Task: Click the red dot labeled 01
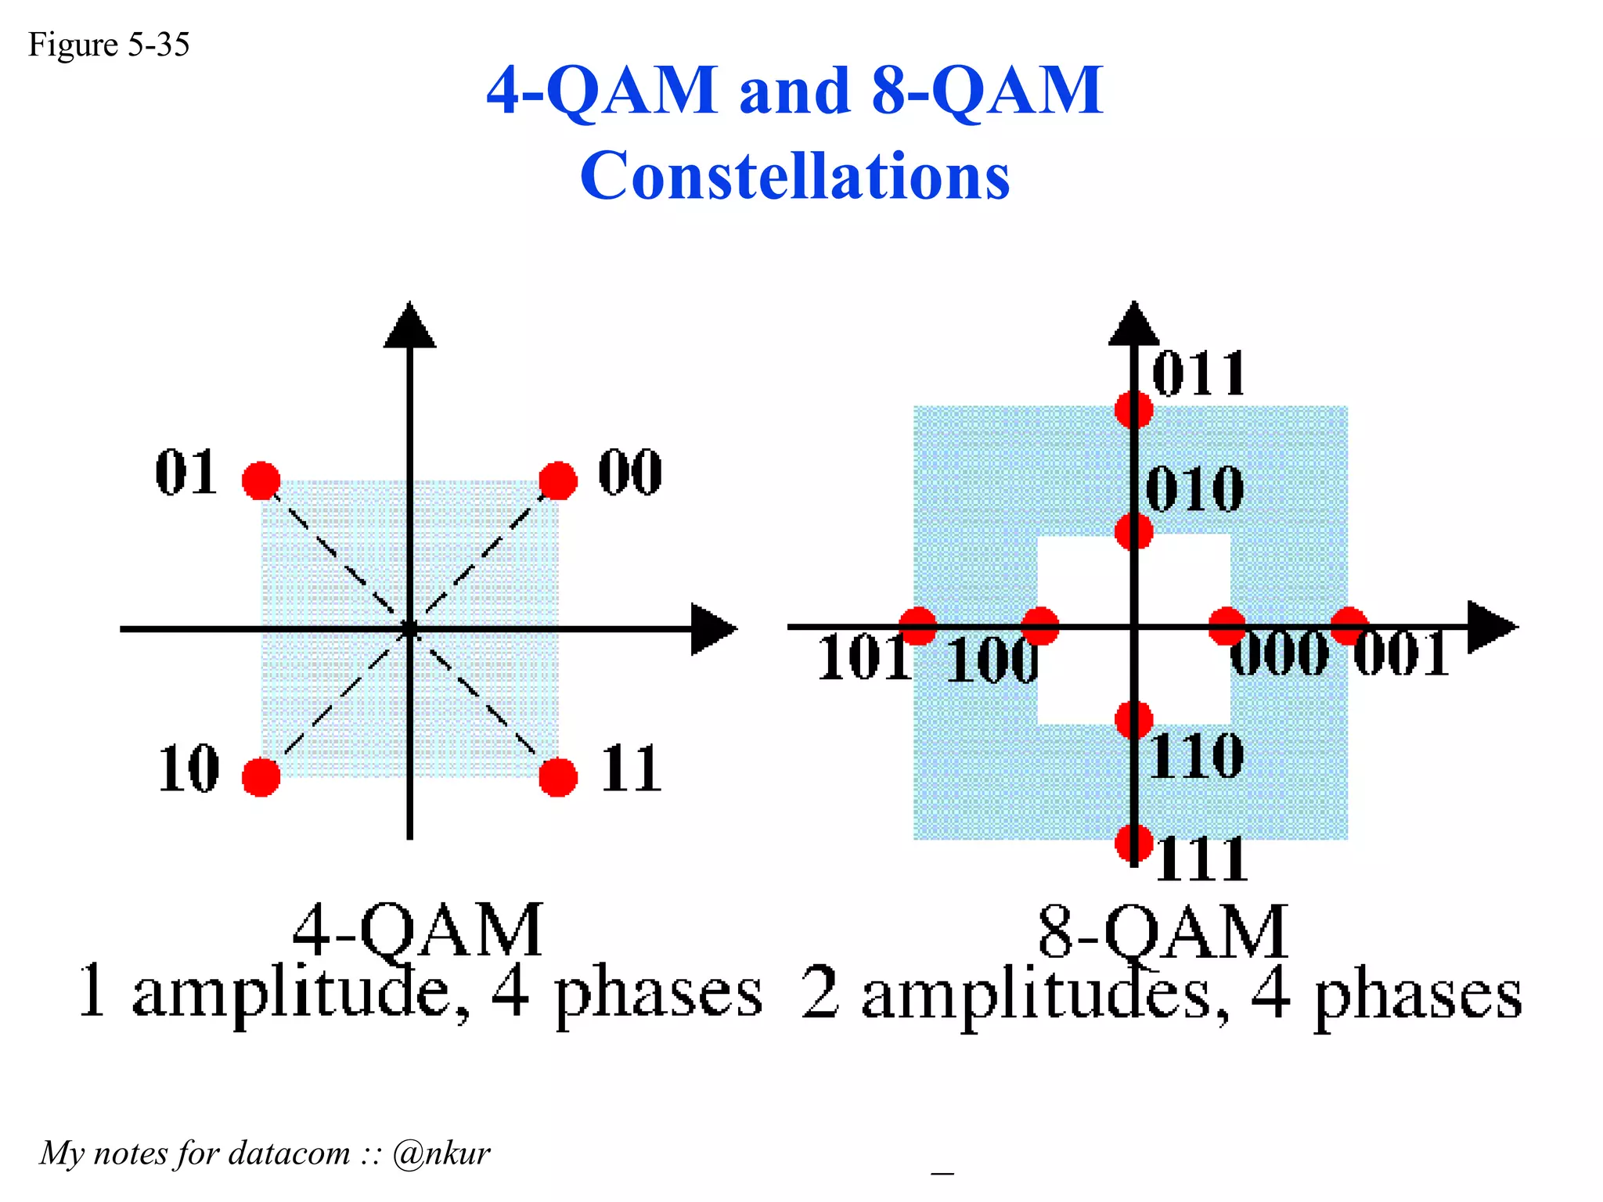[261, 480]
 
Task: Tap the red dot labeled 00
[558, 480]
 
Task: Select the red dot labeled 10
[261, 777]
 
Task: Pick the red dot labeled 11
[558, 777]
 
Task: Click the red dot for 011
[1133, 409]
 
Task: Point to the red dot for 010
[1133, 532]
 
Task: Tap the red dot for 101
[917, 626]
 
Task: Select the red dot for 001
[1349, 626]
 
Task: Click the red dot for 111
[1133, 843]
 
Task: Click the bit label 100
[992, 660]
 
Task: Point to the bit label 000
[1279, 653]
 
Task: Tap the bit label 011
[1199, 374]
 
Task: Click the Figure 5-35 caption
[109, 45]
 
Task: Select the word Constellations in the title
[794, 175]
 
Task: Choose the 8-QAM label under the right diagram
[1163, 931]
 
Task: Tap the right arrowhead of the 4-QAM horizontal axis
[712, 628]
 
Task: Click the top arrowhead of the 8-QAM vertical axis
[1133, 325]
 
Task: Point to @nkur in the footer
[441, 1153]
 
